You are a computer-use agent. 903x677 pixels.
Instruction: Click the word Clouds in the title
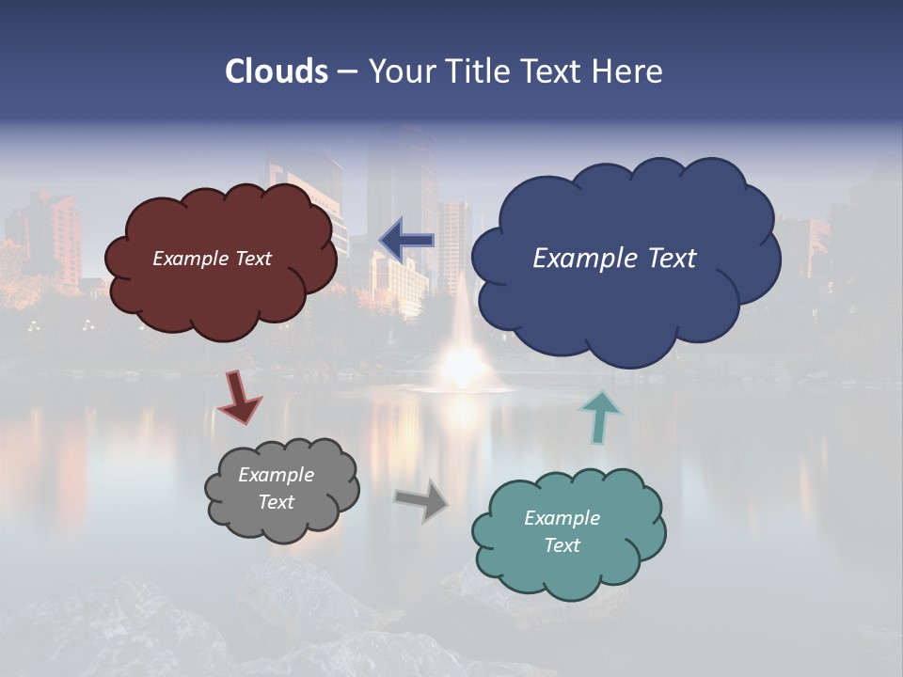[277, 71]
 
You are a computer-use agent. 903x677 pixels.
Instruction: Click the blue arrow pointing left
[407, 240]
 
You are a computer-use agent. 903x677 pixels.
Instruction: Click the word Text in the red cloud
[252, 259]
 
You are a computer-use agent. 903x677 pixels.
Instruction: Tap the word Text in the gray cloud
[277, 502]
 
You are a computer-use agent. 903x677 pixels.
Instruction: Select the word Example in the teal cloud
[562, 518]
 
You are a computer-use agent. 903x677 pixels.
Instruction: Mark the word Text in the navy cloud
[672, 259]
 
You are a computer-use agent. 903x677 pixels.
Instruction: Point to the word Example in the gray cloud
[277, 475]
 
